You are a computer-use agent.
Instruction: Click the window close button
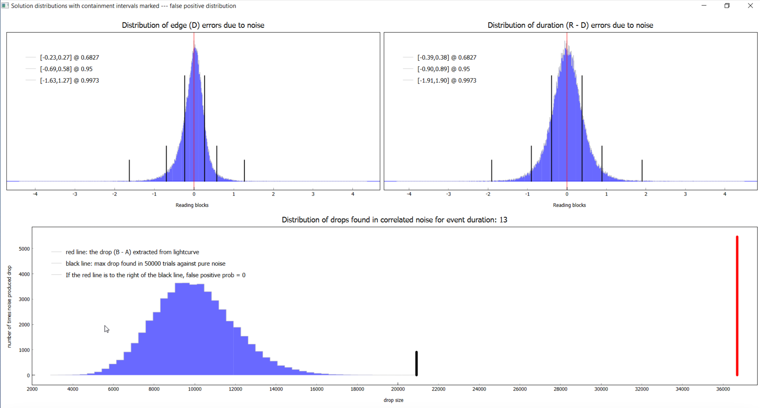pos(750,6)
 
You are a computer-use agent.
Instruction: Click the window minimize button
pos(704,6)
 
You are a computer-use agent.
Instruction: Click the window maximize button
pos(727,6)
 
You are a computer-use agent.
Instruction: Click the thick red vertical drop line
pos(737,305)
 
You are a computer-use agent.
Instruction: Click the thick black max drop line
pos(416,364)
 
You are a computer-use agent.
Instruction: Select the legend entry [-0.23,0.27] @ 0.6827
pos(69,57)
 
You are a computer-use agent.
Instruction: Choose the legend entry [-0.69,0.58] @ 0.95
pos(66,69)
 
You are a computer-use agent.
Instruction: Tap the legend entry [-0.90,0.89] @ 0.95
pos(443,69)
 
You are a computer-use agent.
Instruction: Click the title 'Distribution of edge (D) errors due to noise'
pos(193,25)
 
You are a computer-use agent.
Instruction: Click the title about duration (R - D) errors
pos(570,25)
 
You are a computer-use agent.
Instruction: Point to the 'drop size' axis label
pos(393,400)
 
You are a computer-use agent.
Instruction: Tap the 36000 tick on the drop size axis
pos(723,389)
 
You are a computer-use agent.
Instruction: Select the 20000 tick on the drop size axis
pos(398,389)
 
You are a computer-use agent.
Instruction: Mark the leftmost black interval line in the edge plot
pos(129,170)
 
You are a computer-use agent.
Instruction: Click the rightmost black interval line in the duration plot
pos(642,170)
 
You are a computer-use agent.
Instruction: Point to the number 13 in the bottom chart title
pos(503,220)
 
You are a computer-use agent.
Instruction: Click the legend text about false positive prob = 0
pos(155,275)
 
